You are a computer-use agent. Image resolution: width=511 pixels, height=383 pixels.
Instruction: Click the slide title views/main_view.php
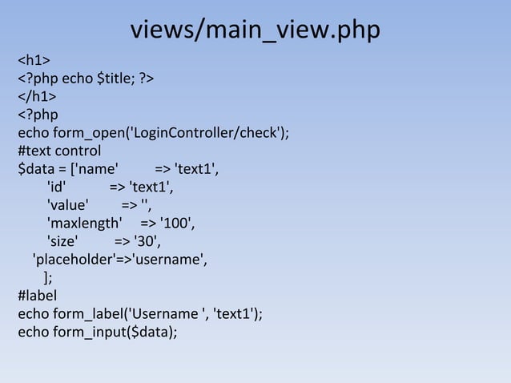pyautogui.click(x=255, y=30)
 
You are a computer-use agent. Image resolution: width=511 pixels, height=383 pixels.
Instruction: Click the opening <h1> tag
pyautogui.click(x=35, y=60)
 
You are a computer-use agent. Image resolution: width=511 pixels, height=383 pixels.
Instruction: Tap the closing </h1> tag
pyautogui.click(x=38, y=97)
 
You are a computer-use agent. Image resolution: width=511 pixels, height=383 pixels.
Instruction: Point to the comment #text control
pyautogui.click(x=59, y=151)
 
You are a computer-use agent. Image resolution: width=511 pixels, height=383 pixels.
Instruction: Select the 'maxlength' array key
pyautogui.click(x=84, y=224)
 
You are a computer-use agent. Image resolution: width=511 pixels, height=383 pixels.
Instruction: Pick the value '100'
pyautogui.click(x=178, y=224)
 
